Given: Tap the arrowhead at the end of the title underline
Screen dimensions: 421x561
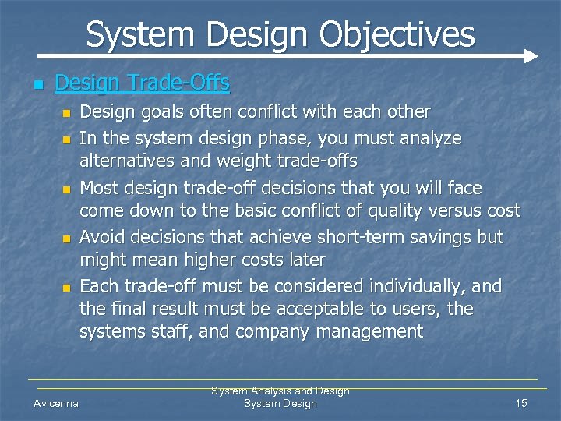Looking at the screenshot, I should pyautogui.click(x=531, y=56).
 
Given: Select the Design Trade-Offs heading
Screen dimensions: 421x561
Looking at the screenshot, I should pyautogui.click(x=143, y=82).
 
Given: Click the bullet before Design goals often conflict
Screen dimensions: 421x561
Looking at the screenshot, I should pyautogui.click(x=66, y=115).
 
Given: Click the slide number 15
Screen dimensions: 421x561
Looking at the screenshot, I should pyautogui.click(x=521, y=403).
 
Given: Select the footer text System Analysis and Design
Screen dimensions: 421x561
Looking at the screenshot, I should pyautogui.click(x=280, y=391).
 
